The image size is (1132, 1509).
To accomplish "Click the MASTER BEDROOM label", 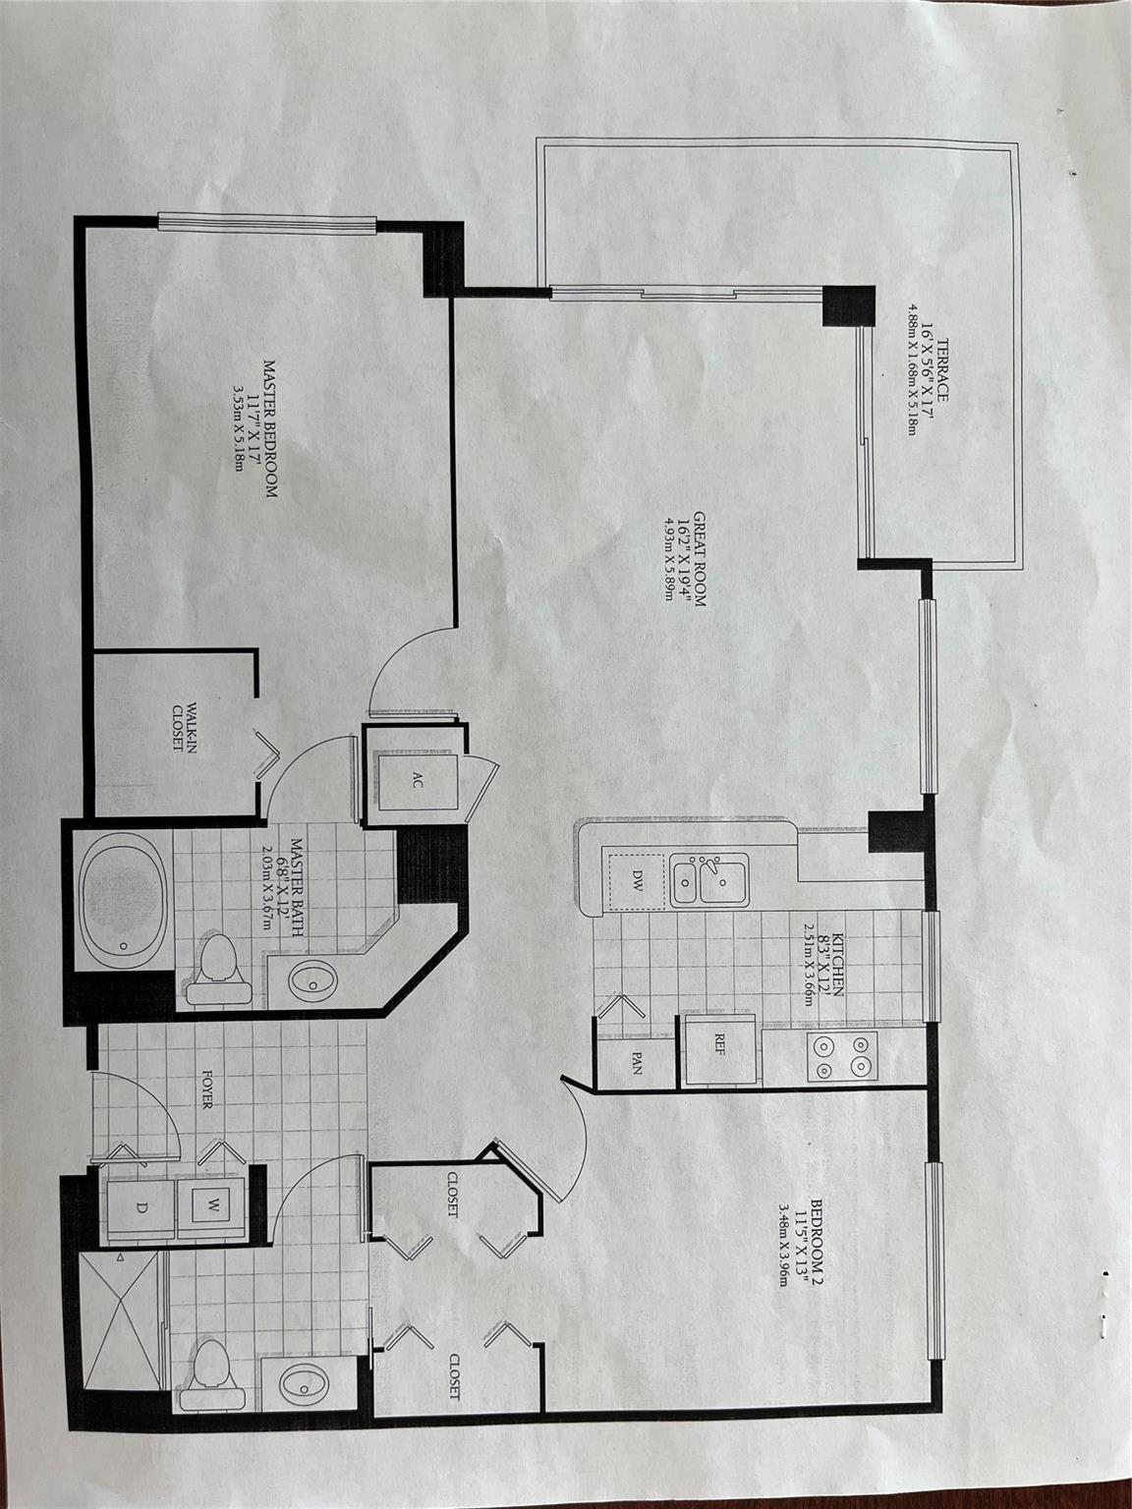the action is [271, 428].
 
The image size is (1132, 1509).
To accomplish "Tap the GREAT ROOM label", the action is [700, 558].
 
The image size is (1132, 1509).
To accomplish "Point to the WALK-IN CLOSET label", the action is [185, 727].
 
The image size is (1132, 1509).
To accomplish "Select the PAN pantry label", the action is [637, 1068].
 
